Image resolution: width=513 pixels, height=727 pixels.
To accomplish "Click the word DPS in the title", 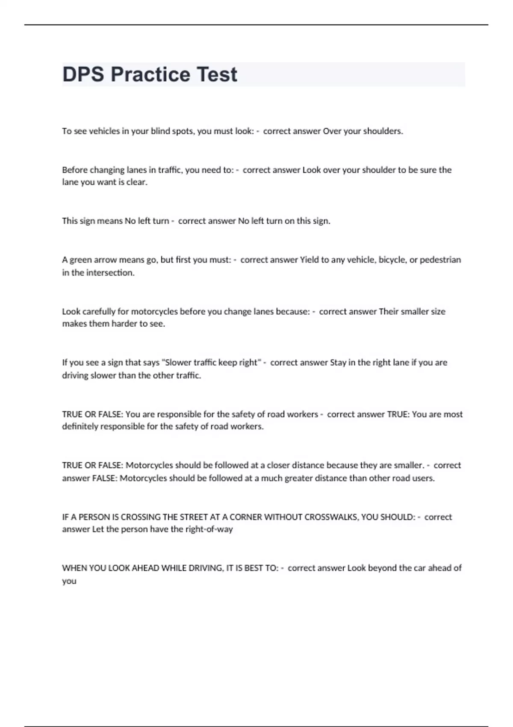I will [x=83, y=74].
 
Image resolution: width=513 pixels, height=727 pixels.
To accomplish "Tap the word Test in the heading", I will [x=217, y=74].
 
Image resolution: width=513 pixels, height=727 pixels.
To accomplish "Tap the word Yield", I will [x=309, y=260].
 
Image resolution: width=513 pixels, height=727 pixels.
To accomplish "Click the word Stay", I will [x=338, y=363].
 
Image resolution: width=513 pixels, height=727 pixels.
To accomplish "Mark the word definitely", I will [x=80, y=426].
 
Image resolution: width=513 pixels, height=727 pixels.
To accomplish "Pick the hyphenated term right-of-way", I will [x=209, y=529].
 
